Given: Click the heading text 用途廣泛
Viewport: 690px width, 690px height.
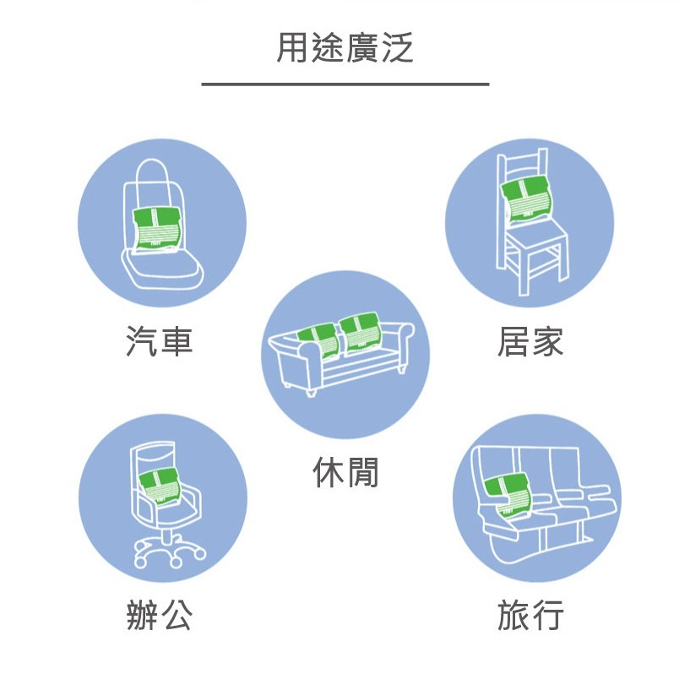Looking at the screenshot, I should (345, 48).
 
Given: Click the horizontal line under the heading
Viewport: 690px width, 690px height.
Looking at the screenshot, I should (345, 84).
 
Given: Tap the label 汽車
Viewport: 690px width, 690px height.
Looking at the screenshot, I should (160, 342).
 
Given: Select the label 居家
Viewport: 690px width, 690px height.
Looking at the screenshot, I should (530, 342).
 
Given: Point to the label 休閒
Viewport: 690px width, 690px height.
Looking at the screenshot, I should (345, 472).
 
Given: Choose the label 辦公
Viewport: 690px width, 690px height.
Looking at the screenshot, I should (160, 617).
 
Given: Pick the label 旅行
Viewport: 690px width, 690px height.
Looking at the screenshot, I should (530, 617).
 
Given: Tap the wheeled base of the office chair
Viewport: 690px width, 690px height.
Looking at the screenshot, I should (169, 553).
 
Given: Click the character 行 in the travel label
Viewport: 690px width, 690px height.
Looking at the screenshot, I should (547, 617).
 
